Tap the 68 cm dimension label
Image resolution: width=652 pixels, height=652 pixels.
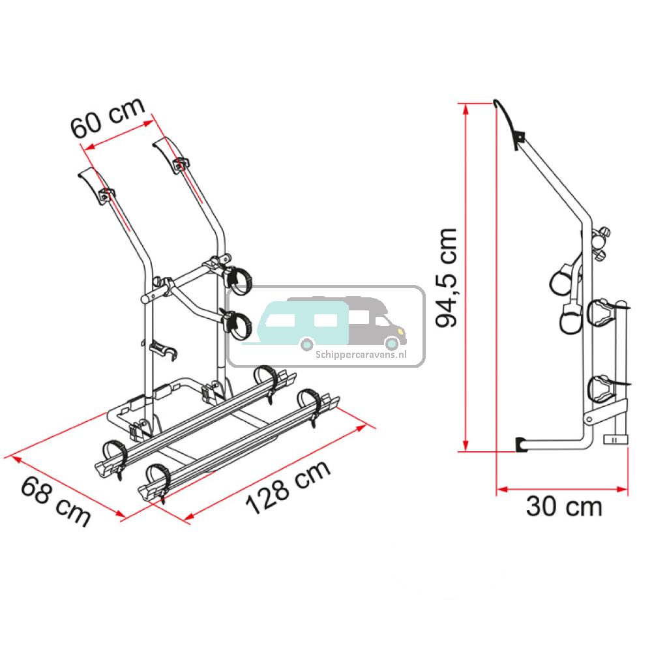pos(55,501)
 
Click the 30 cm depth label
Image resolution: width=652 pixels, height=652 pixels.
pos(563,507)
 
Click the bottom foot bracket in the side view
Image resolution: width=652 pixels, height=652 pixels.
pos(522,444)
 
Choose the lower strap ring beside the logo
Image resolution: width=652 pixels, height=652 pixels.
pos(239,324)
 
